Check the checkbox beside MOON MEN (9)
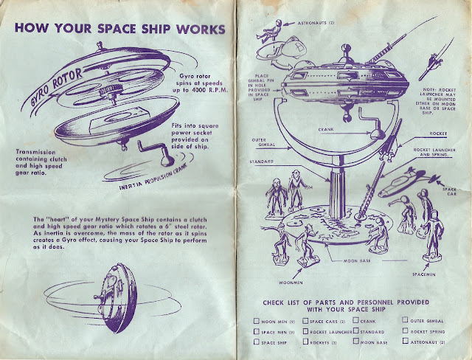point(256,320)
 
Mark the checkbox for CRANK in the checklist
point(356,320)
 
